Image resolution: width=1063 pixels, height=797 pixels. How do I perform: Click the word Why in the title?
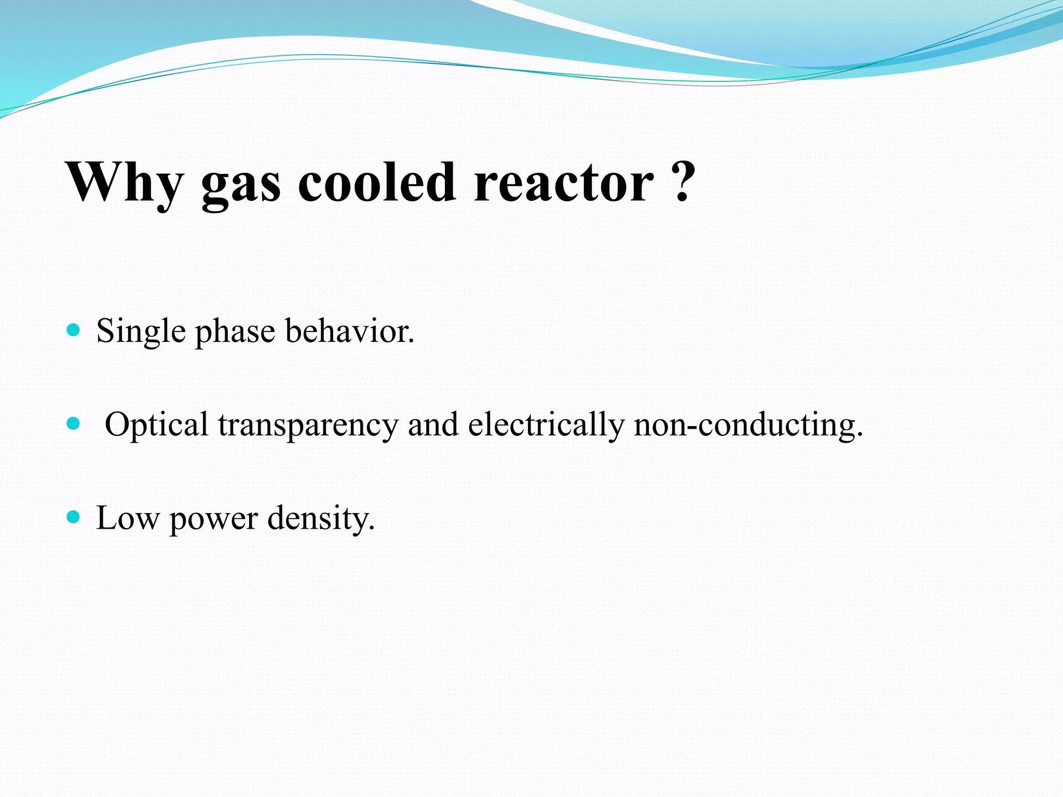[125, 183]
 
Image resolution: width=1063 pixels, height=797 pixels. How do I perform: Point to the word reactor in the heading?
[564, 183]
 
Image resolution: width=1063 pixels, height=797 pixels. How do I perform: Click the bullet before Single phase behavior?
[74, 330]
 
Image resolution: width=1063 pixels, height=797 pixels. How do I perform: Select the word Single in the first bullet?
[141, 332]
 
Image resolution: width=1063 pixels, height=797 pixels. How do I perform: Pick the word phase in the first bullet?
[235, 332]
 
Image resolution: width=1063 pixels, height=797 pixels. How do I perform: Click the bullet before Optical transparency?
[74, 423]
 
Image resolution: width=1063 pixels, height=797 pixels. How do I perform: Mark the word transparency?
[308, 425]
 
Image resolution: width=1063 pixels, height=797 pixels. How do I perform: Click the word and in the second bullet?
[433, 424]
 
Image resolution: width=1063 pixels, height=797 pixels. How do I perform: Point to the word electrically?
[546, 425]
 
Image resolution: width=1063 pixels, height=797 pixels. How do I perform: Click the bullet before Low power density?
[74, 517]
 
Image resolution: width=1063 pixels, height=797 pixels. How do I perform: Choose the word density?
[319, 518]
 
